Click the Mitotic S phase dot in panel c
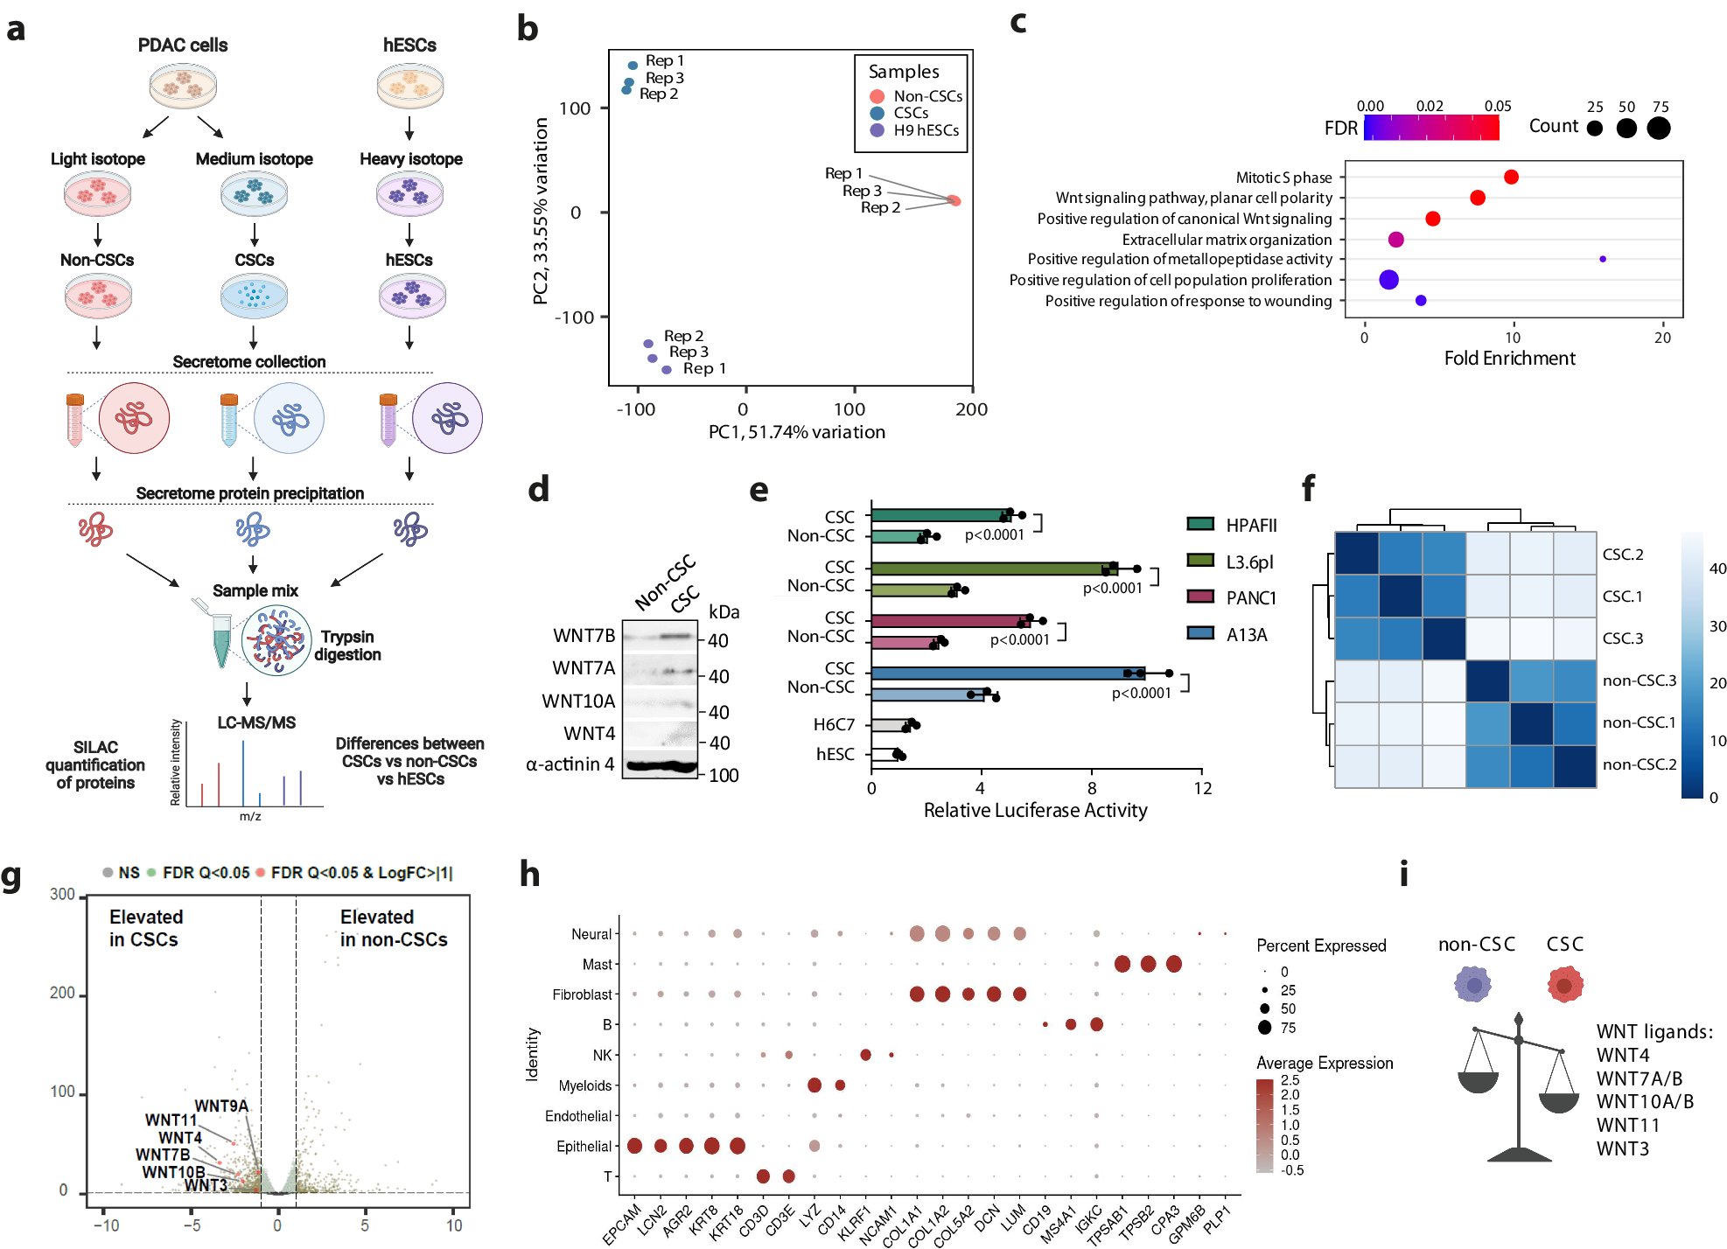point(1511,177)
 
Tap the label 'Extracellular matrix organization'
point(1227,240)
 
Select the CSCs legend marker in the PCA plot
point(877,113)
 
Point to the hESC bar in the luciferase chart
point(884,754)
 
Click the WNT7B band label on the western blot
point(584,635)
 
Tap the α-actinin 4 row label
point(570,764)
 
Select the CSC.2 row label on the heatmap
point(1623,555)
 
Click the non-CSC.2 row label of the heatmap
point(1639,764)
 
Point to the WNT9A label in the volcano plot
point(221,1106)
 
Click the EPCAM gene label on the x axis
point(622,1224)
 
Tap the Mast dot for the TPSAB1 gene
point(1122,964)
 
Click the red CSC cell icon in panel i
point(1565,984)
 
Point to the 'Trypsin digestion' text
point(347,645)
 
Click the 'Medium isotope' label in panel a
point(254,159)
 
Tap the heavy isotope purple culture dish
point(410,194)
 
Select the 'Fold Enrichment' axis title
point(1509,359)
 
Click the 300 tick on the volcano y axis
point(62,895)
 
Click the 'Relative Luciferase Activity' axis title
point(1035,811)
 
